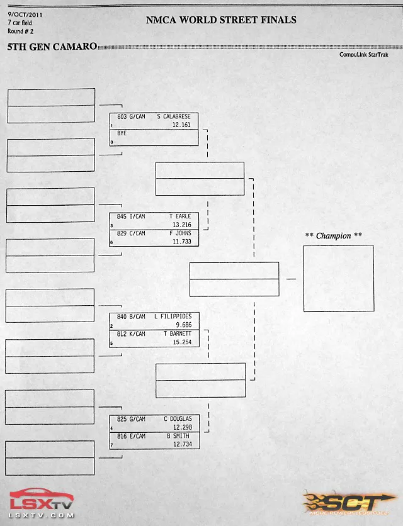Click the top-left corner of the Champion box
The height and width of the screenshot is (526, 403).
coord(304,246)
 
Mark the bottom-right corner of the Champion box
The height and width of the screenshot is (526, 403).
coord(374,311)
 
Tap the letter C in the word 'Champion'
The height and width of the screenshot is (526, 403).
coord(319,236)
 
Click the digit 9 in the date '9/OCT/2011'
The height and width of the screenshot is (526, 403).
coord(9,14)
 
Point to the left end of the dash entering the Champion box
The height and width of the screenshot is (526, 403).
coord(287,279)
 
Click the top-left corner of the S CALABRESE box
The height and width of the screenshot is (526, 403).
coord(110,113)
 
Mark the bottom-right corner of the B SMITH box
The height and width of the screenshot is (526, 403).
coord(200,449)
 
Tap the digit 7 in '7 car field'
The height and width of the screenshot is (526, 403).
coord(9,23)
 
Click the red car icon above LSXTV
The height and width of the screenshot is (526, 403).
coord(41,494)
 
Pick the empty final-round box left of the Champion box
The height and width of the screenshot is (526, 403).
coord(234,279)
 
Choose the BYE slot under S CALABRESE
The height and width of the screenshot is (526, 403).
coord(154,138)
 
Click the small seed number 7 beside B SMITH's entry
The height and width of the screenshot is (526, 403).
coord(111,445)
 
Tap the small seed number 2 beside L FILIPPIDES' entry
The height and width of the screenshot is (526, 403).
coord(111,326)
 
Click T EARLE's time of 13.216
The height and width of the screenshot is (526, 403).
coord(182,225)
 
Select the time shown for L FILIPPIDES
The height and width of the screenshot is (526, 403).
coord(184,325)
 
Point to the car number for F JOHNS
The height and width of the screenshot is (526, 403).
coord(122,233)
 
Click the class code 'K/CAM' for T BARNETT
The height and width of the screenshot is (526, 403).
coord(137,333)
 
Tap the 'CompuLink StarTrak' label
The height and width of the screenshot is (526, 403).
coord(364,54)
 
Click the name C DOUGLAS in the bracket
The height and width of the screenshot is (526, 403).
coord(178,418)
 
